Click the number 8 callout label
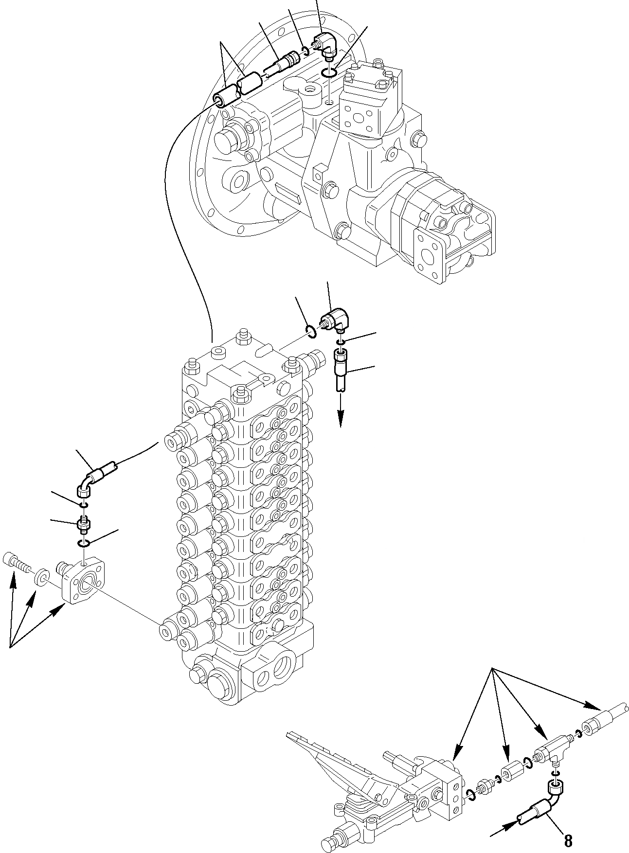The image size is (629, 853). (568, 839)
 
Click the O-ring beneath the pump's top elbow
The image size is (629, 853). (329, 73)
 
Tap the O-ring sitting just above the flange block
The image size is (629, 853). (84, 543)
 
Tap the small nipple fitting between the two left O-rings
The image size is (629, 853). (83, 525)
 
